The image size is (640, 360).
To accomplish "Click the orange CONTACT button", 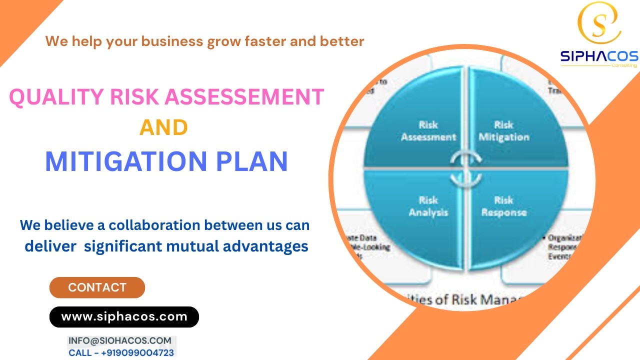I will pyautogui.click(x=97, y=287).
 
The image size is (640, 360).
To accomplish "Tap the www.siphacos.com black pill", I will pyautogui.click(x=124, y=316).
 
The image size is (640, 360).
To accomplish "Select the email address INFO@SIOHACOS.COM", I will pyautogui.click(x=119, y=340).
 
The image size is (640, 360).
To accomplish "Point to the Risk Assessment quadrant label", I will pyautogui.click(x=428, y=130).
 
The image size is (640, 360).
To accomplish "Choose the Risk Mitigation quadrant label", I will pyautogui.click(x=503, y=130).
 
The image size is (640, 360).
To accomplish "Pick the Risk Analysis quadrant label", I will pyautogui.click(x=428, y=206).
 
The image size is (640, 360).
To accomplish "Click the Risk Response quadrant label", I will pyautogui.click(x=503, y=206).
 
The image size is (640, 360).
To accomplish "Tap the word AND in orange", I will pyautogui.click(x=163, y=127).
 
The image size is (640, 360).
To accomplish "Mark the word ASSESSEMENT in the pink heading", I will pyautogui.click(x=245, y=96).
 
